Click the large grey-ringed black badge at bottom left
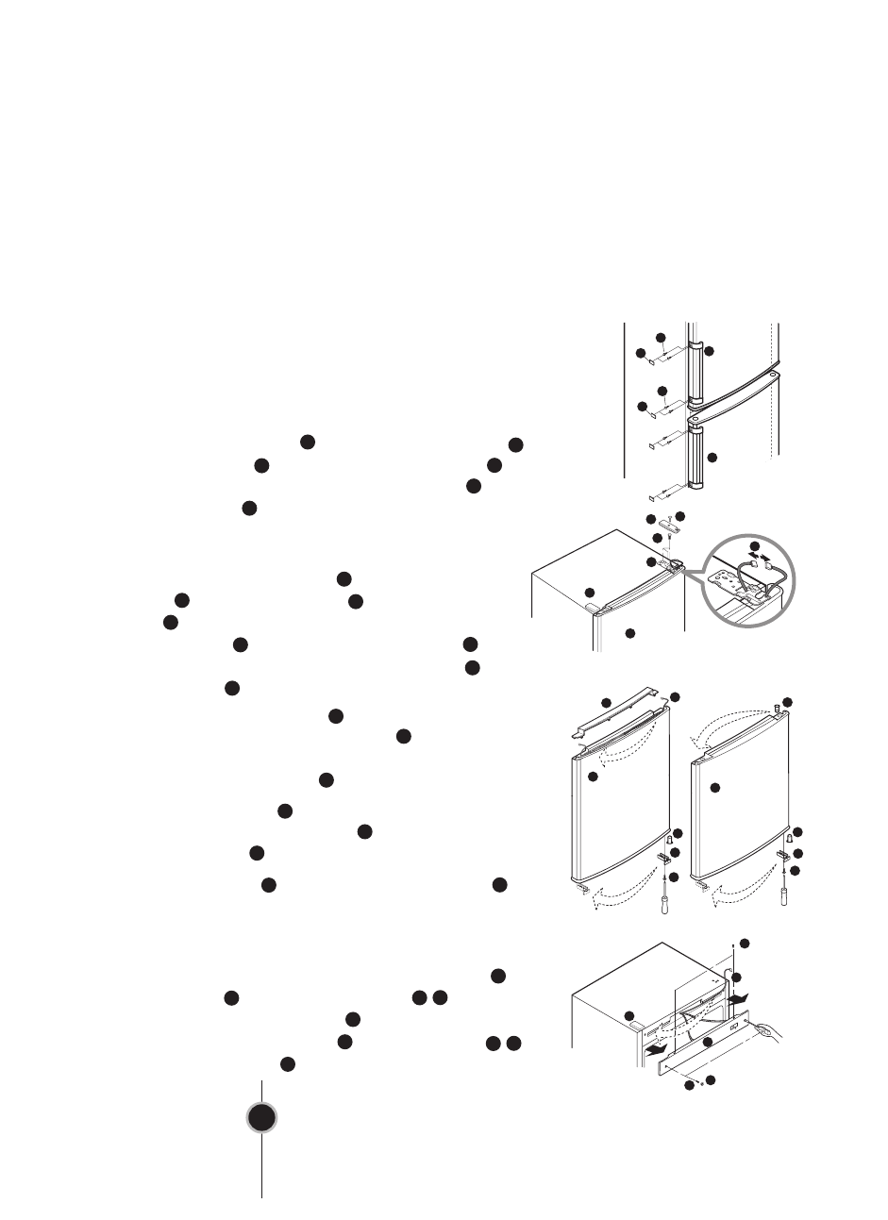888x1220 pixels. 262,1118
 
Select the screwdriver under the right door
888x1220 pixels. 786,889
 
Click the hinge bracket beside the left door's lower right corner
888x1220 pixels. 664,857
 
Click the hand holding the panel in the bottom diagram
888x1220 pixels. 774,1035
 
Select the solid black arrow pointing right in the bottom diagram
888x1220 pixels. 741,994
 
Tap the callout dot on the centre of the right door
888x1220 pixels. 714,787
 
